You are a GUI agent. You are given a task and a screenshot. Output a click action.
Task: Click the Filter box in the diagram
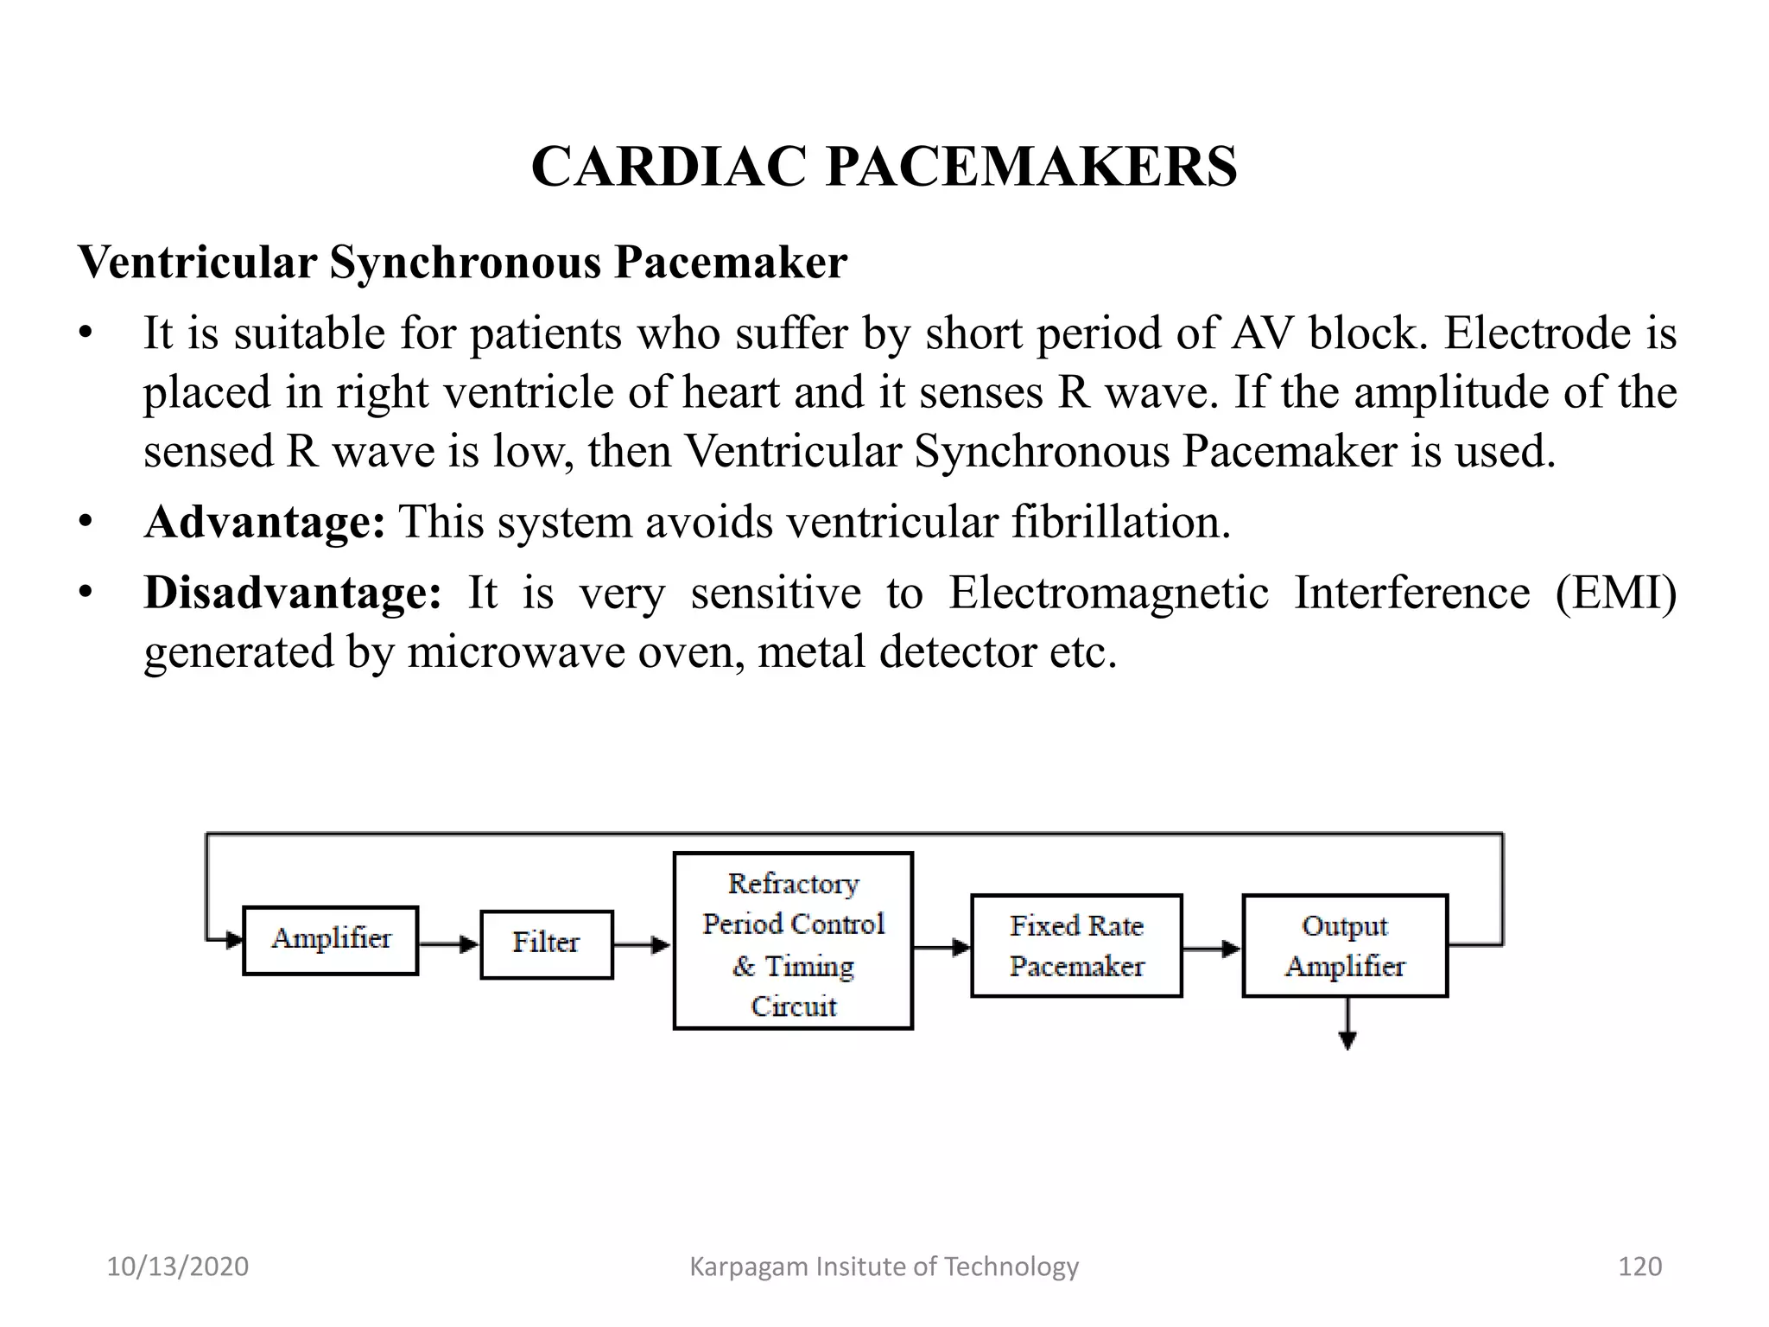coord(546,943)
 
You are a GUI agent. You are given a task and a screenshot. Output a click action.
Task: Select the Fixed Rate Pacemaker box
coord(1076,945)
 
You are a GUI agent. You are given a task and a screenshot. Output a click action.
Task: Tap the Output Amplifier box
coord(1345,945)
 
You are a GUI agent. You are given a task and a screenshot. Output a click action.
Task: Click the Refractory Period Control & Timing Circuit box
coord(793,941)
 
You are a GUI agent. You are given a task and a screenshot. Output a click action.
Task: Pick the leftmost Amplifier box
coord(331,940)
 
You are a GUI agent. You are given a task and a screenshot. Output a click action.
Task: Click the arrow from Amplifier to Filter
coord(448,944)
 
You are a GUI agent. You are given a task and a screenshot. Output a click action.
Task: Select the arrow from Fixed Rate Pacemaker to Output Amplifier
coord(1211,949)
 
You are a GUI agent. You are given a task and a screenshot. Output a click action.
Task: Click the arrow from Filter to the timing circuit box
coord(642,945)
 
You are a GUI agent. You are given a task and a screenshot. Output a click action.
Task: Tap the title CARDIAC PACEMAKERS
coord(884,166)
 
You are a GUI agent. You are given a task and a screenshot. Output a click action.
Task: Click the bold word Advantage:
coord(264,522)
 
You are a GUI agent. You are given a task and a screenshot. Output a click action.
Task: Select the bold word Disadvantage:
coord(292,593)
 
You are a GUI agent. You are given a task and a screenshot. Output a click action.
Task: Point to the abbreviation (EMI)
coord(1615,593)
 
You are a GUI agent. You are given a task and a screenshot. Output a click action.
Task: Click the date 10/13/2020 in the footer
coord(177,1267)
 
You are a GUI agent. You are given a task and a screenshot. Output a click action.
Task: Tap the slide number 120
coord(1639,1267)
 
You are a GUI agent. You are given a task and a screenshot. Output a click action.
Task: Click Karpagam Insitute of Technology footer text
coord(884,1267)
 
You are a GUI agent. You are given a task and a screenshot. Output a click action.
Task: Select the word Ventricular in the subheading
coord(197,262)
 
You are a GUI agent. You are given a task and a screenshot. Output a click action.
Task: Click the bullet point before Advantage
coord(85,522)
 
